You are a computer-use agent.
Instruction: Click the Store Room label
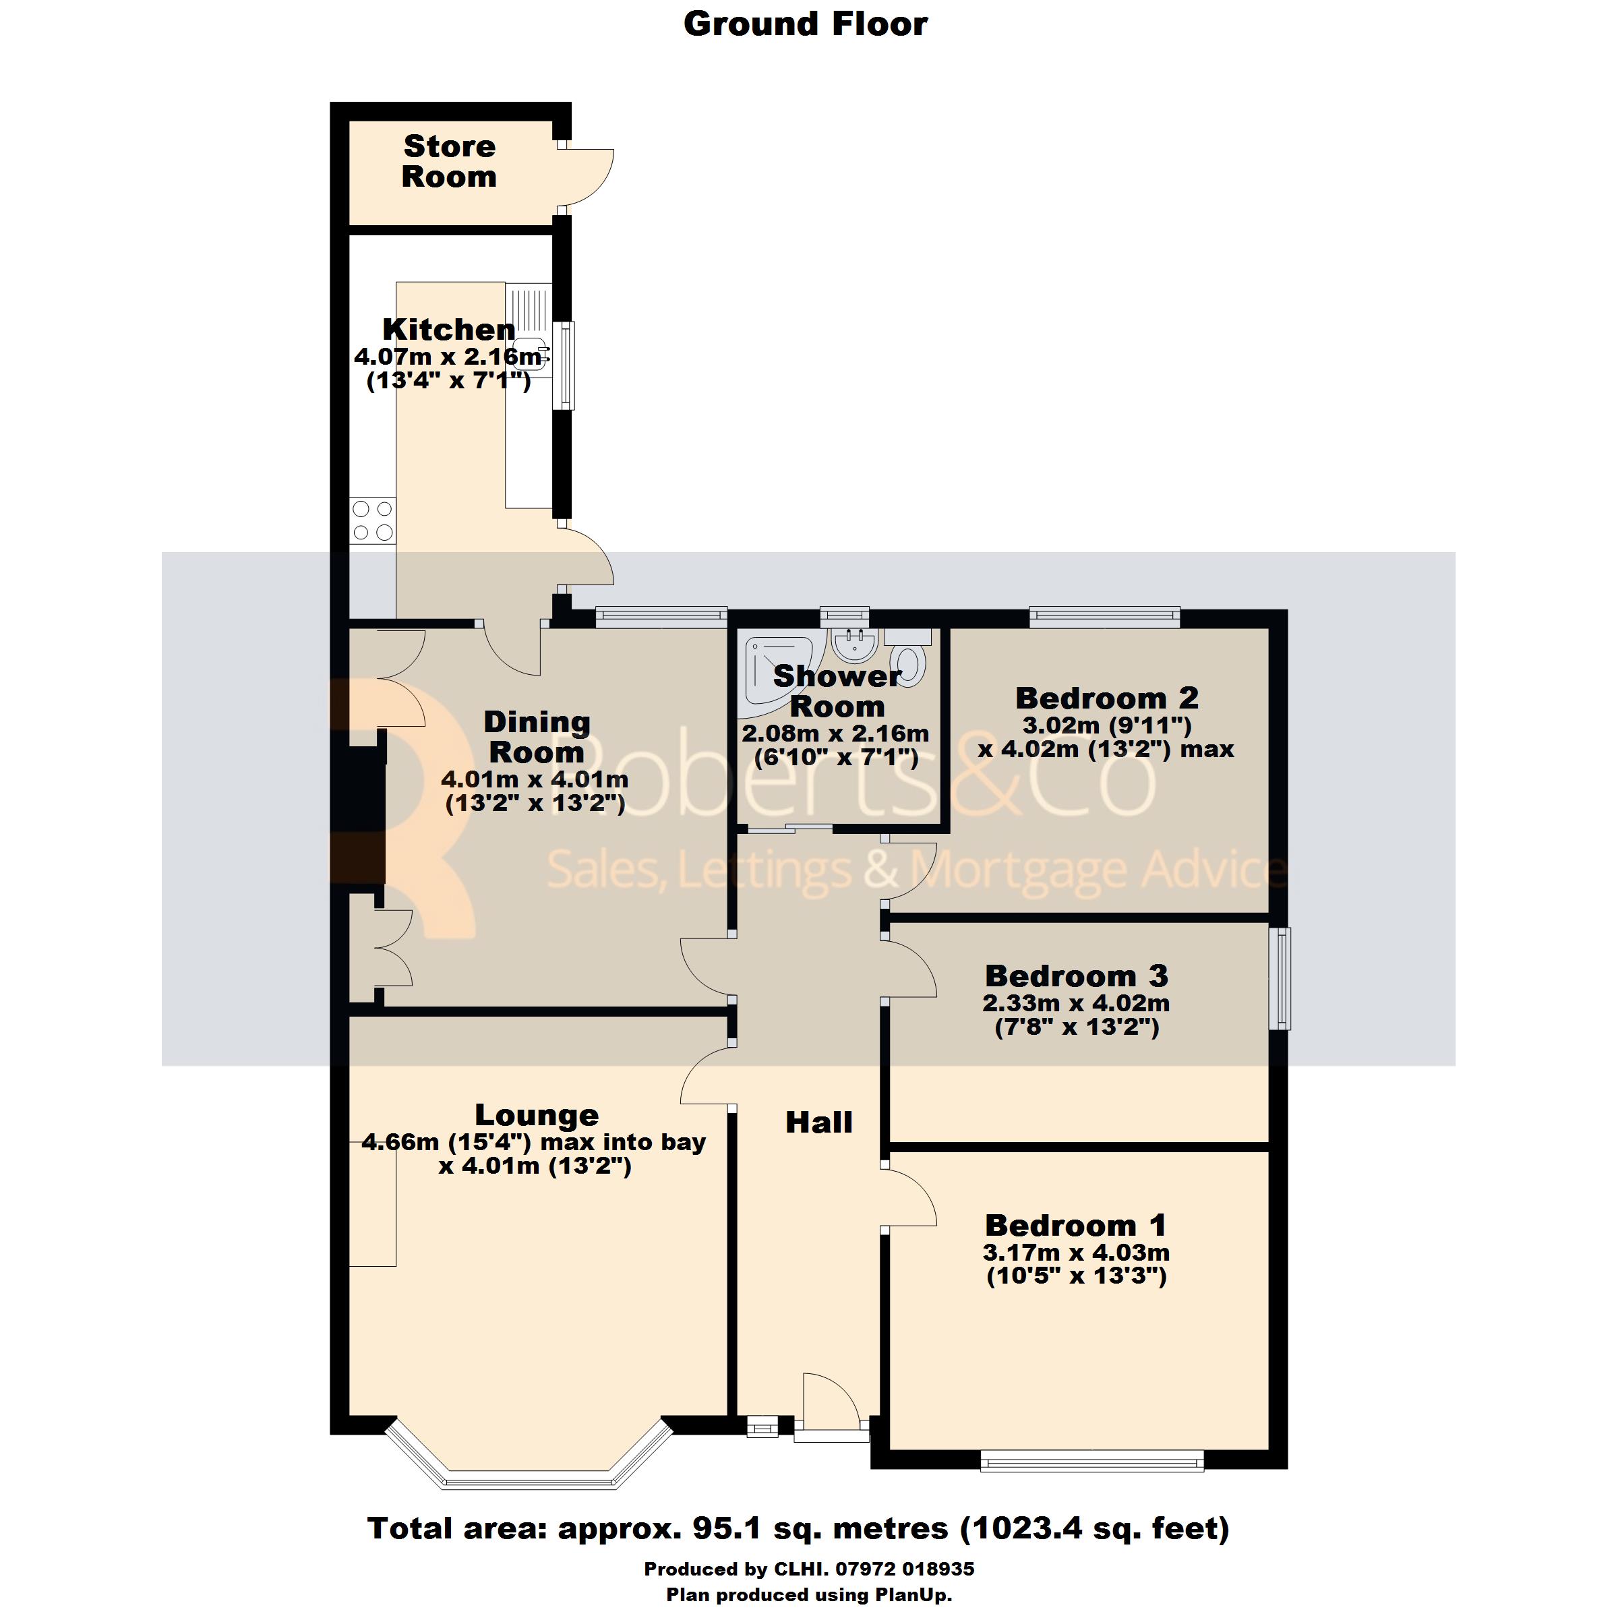tap(450, 162)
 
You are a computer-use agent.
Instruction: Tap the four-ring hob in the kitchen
tap(373, 521)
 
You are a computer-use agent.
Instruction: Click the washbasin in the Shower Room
tap(855, 647)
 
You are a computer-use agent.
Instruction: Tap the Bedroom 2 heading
tap(1107, 698)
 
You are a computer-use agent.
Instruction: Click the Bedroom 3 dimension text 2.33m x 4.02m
tap(1076, 1003)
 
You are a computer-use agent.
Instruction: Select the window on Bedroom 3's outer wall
tap(1282, 978)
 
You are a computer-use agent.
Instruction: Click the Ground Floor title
tap(806, 24)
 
